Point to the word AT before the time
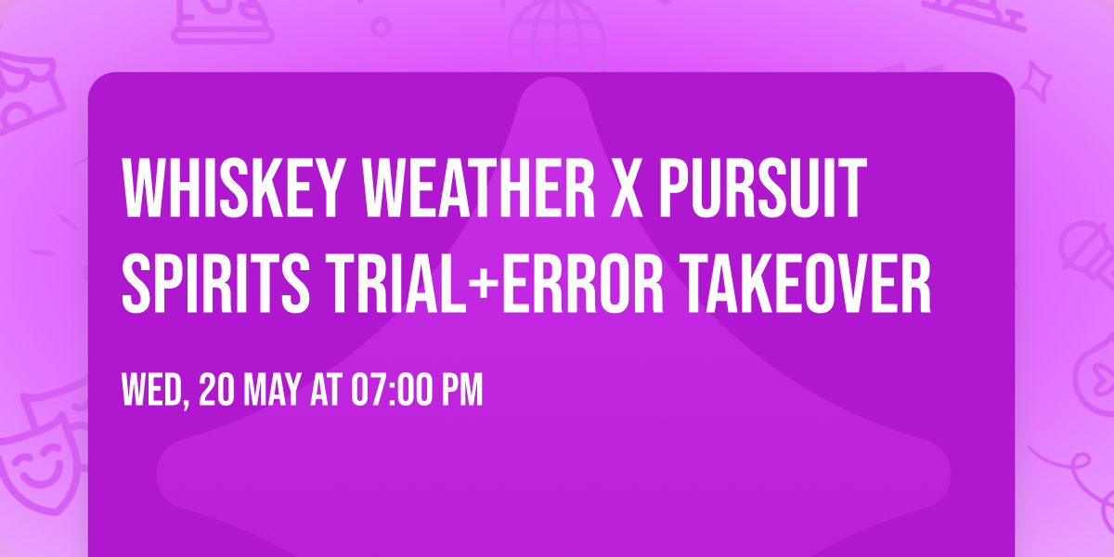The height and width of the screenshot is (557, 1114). pos(326,391)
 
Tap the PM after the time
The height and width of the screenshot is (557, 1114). pos(461,391)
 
